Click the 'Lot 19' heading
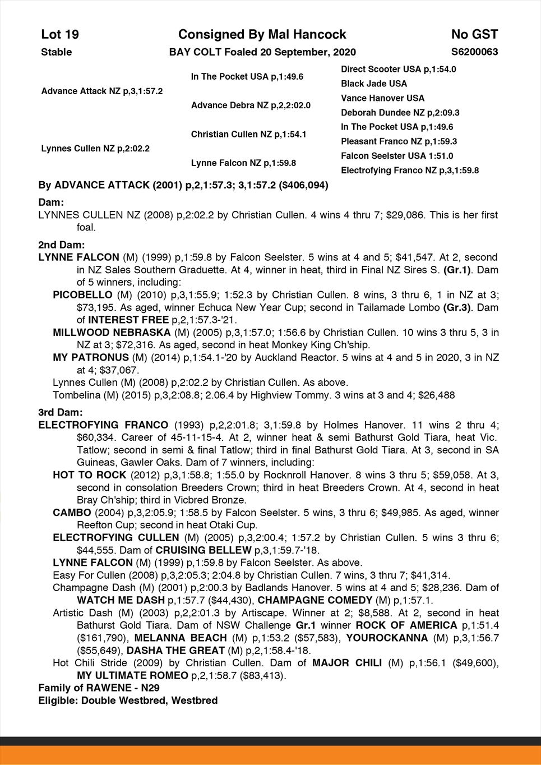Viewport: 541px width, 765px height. coord(60,35)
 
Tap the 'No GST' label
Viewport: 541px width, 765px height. coord(474,35)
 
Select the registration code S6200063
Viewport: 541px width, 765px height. coord(474,52)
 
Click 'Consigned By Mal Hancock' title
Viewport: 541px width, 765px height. coord(262,35)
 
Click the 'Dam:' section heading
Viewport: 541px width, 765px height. coord(51,202)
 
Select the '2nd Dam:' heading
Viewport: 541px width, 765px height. coord(62,245)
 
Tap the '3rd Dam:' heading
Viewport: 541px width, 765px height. coord(61,412)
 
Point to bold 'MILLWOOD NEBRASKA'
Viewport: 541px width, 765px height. coord(104,333)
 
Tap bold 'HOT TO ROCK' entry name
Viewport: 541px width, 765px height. coord(82,475)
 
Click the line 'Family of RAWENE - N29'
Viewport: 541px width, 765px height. coord(90,688)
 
